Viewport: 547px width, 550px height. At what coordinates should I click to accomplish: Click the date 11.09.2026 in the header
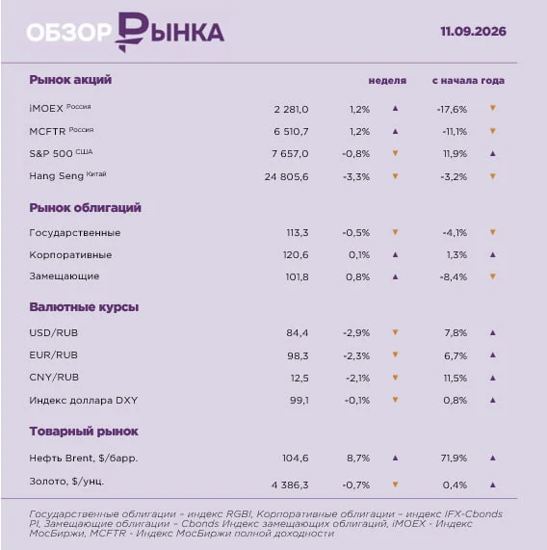point(473,32)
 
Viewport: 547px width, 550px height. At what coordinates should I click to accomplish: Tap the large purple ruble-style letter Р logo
point(131,32)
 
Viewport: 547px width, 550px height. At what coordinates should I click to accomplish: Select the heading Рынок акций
point(70,80)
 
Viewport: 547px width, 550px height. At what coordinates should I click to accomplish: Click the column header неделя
point(387,81)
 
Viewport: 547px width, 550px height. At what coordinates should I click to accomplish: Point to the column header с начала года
point(468,81)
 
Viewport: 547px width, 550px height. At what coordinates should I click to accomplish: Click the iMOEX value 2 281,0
point(292,110)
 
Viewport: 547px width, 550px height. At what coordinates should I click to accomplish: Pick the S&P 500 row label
point(61,153)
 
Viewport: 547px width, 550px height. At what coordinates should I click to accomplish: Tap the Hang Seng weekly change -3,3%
point(356,176)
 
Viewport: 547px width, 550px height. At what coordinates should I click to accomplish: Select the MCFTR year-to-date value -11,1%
point(455,132)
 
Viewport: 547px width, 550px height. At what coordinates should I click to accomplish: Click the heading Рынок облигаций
point(85,208)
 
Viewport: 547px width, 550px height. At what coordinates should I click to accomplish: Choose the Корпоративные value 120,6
point(296,254)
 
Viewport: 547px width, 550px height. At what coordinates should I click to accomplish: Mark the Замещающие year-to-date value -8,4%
point(454,277)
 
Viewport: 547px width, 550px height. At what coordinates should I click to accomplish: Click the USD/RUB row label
point(54,332)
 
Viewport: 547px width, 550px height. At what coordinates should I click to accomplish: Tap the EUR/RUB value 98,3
point(298,355)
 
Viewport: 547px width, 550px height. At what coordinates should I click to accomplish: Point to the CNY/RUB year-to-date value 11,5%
point(456,379)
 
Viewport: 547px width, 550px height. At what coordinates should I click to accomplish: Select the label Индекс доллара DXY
point(84,401)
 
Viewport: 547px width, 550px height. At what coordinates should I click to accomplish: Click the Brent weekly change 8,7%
point(358,458)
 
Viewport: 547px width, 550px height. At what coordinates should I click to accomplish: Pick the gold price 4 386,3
point(290,485)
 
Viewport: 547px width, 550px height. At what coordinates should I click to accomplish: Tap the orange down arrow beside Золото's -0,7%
point(395,485)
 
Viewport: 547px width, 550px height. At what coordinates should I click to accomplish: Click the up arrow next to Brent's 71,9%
point(493,458)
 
